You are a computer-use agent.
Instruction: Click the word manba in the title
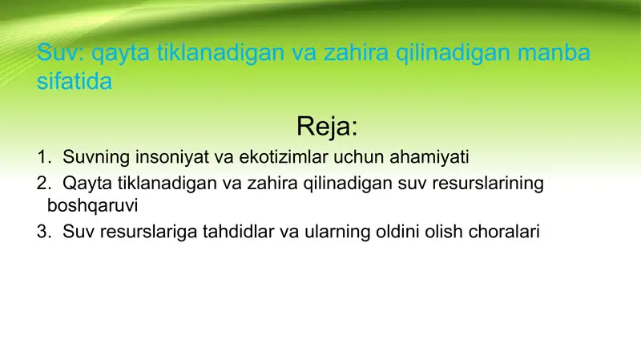554,54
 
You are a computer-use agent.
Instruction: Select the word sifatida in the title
75,82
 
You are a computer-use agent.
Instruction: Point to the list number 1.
42,156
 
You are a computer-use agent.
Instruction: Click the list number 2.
42,184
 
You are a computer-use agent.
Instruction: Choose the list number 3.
42,233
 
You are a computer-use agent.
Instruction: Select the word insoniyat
168,156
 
